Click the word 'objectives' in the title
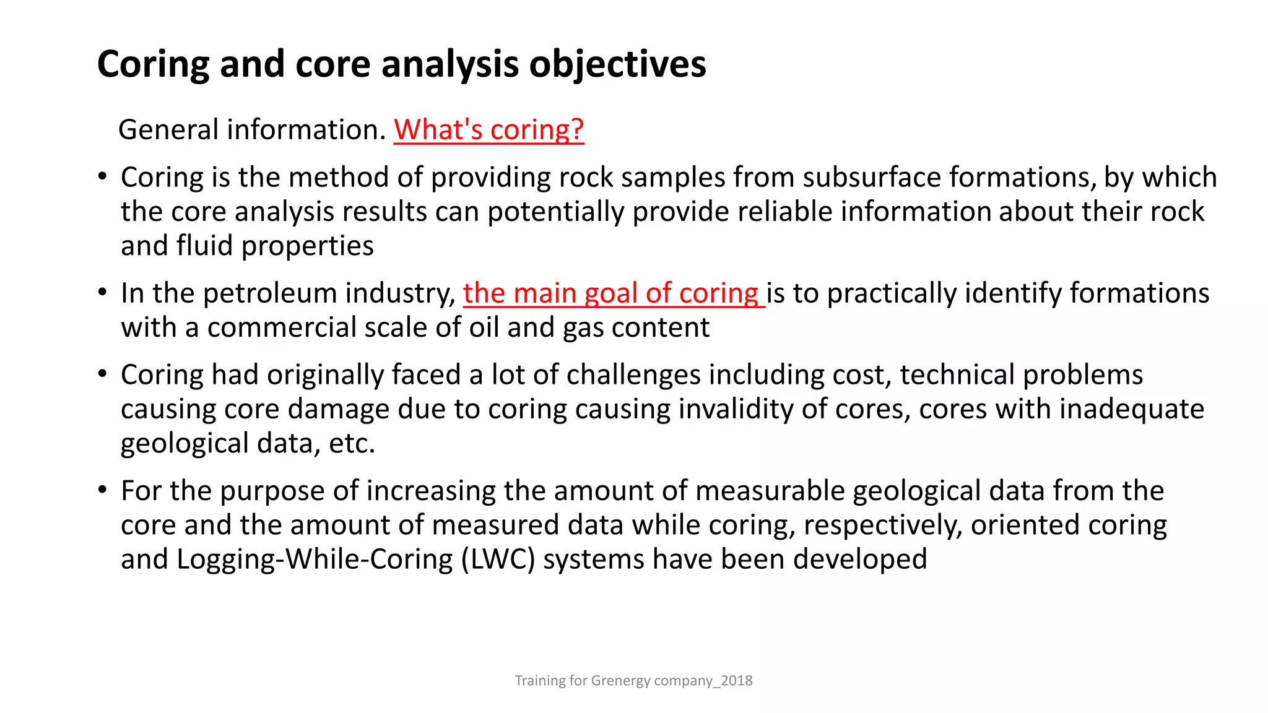[x=617, y=64]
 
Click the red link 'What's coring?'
[x=489, y=130]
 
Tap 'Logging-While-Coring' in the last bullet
[x=315, y=560]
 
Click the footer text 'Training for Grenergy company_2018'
[x=633, y=681]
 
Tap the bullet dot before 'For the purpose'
[x=103, y=490]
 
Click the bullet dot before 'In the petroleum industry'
[x=103, y=293]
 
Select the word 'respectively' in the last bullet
[x=883, y=525]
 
